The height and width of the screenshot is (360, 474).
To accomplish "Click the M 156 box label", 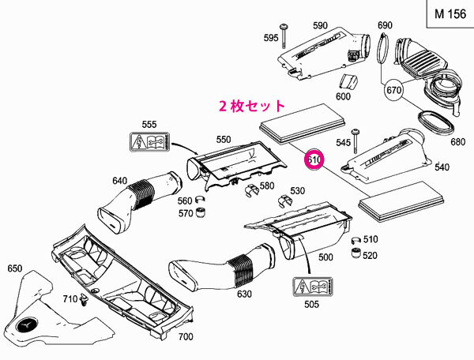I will coord(446,15).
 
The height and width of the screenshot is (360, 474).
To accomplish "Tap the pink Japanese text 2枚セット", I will coord(252,104).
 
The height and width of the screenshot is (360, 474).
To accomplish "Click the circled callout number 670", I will coord(394,92).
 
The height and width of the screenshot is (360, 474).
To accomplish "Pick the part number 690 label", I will coord(385,25).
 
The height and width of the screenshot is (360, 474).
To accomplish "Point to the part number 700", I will coord(185,337).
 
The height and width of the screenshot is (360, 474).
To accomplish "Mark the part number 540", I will coord(441,167).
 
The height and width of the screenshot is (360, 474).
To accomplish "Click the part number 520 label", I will coord(392,256).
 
